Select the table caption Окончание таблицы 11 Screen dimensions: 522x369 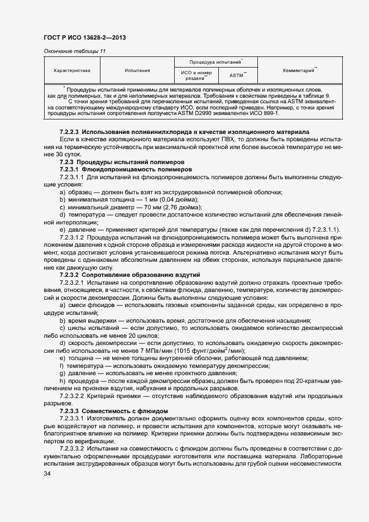(x=74, y=51)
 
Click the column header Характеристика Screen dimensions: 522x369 (x=76, y=71)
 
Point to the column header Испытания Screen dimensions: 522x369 (x=137, y=71)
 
